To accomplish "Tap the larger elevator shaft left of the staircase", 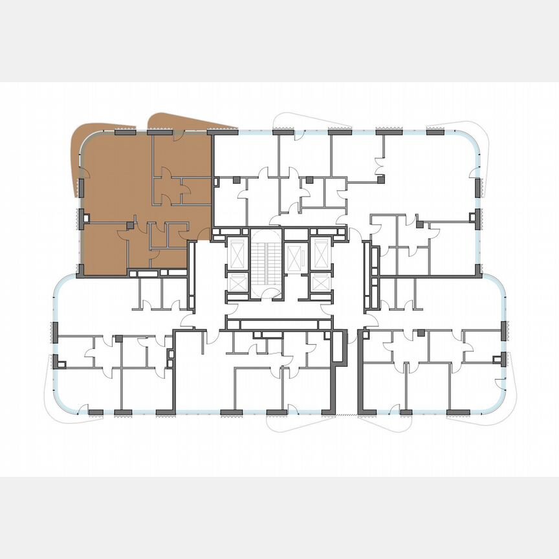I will point(237,254).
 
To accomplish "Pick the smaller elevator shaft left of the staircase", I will point(237,283).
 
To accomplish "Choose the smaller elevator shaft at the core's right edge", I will point(320,283).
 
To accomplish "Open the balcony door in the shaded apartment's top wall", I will point(177,133).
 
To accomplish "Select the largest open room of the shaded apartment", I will point(116,175).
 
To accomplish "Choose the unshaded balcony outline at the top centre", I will point(304,119).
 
